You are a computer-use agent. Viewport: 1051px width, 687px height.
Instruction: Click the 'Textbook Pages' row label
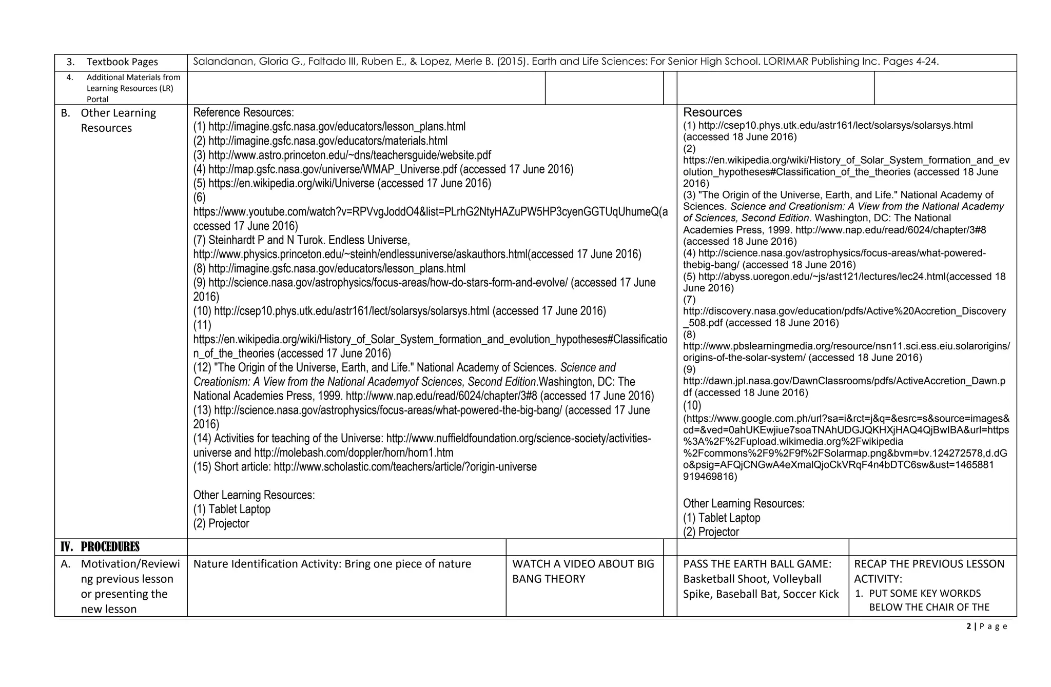[122, 62]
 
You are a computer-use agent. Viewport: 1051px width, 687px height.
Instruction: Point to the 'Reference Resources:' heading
[243, 112]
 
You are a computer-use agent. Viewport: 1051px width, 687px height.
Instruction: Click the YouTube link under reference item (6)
[430, 212]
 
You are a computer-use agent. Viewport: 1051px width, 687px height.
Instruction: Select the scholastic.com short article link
[405, 467]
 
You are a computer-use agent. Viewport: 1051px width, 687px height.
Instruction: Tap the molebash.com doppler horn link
[354, 453]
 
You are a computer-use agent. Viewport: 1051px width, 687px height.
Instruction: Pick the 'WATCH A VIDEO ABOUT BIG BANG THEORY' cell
[583, 571]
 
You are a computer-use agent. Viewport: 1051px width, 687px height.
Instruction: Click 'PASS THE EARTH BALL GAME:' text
[757, 564]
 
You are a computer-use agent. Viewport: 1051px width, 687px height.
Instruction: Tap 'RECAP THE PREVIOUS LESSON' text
[929, 564]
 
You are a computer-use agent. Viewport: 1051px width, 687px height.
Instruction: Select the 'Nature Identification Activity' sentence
[332, 564]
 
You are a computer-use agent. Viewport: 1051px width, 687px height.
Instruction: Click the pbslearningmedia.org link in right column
[846, 346]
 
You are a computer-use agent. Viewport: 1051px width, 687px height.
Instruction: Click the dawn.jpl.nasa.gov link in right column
[844, 381]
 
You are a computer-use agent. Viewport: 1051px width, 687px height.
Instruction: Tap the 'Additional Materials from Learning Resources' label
[133, 88]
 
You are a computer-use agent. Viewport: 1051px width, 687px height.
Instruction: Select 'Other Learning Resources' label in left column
[118, 120]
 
